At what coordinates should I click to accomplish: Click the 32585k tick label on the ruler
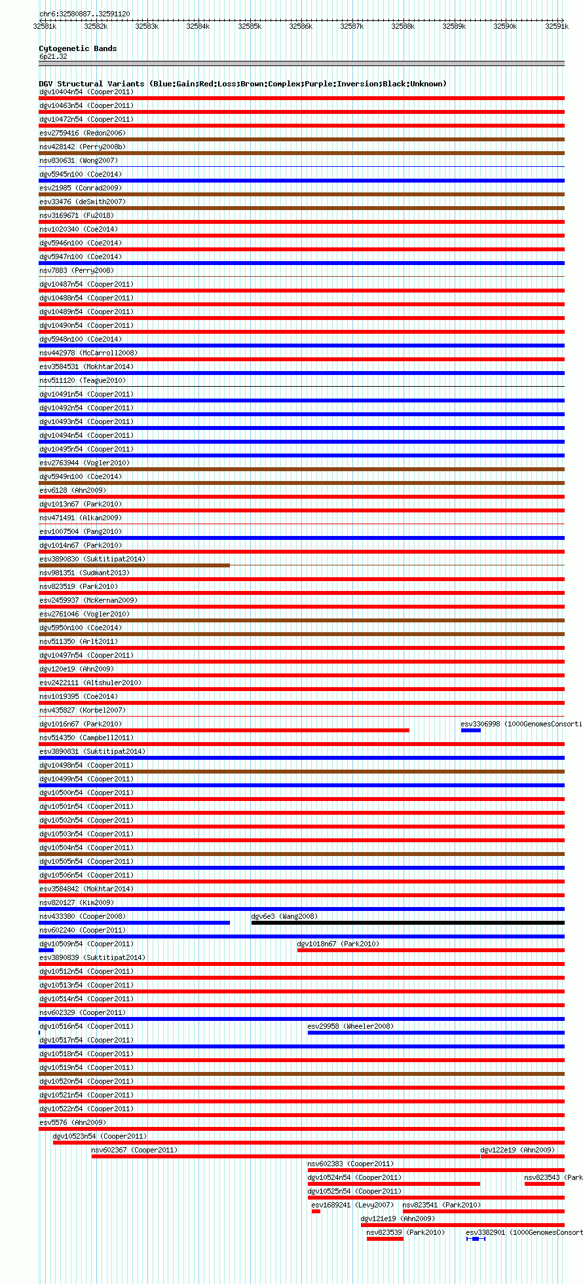tap(250, 26)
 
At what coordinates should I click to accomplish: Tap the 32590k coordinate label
tap(505, 26)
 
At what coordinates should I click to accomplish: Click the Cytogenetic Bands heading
tap(77, 48)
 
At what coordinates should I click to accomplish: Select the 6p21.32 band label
tap(53, 57)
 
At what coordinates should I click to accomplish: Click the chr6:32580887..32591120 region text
tap(85, 14)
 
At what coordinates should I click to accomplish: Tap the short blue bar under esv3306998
tap(470, 730)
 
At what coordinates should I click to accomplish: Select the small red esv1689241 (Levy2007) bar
tap(316, 1211)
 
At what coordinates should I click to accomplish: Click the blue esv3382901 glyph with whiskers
tap(476, 1239)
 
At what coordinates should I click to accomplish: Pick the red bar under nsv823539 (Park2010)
tap(385, 1239)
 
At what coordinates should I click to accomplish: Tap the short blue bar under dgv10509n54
tap(46, 950)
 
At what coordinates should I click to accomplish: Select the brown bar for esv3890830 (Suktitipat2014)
tap(134, 565)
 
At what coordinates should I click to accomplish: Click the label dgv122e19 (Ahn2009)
tap(517, 1150)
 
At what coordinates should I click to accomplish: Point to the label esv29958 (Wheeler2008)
tap(350, 1026)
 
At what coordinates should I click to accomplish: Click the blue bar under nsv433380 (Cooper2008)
tap(134, 923)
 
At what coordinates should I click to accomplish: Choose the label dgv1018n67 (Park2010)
tap(338, 944)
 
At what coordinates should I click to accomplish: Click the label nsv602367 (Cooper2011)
tap(134, 1150)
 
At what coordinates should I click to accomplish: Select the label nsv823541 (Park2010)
tap(442, 1205)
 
